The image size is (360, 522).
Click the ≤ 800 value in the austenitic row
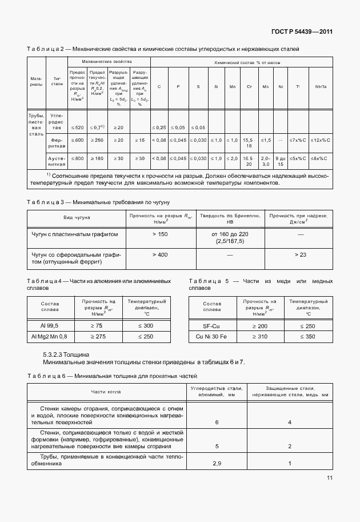(77, 158)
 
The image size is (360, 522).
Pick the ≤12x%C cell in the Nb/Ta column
(321, 140)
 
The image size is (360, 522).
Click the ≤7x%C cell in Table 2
(297, 140)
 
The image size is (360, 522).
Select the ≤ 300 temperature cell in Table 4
(146, 325)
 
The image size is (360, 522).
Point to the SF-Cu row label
(211, 325)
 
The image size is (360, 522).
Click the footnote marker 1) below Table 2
(49, 174)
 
